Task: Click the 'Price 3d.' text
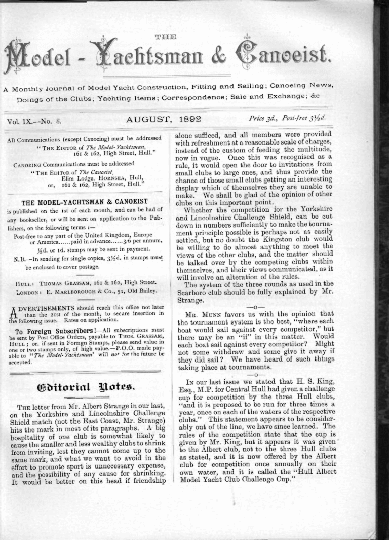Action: (264, 119)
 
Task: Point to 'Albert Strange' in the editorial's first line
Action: (106, 407)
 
